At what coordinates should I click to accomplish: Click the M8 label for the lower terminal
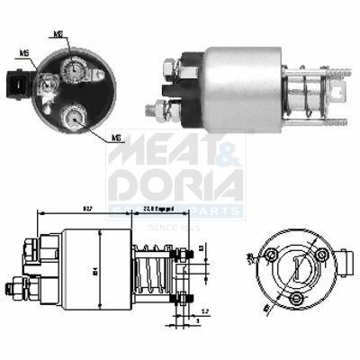pyautogui.click(x=117, y=137)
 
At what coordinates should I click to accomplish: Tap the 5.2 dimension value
pyautogui.click(x=206, y=310)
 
